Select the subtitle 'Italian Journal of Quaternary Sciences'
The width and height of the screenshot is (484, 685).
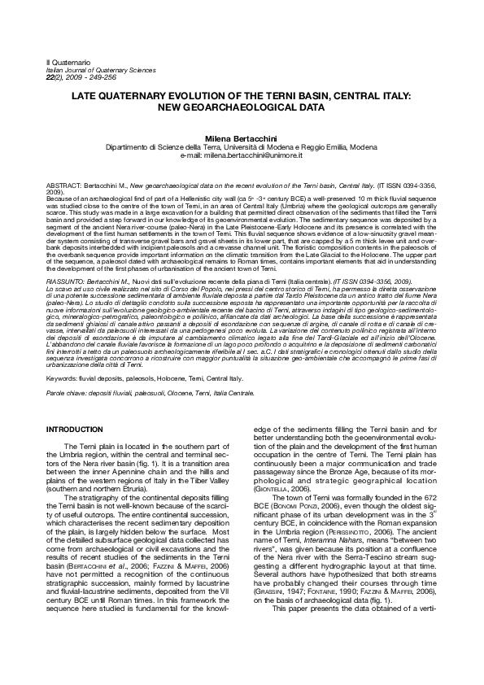pyautogui.click(x=99, y=70)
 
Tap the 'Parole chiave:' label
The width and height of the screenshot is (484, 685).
pyautogui.click(x=69, y=393)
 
